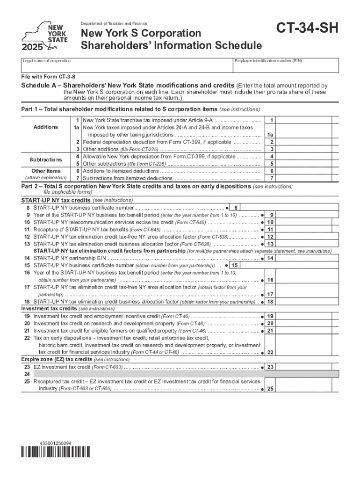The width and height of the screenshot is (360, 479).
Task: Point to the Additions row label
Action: tap(45, 127)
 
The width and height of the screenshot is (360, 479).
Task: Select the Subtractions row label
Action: tap(45, 160)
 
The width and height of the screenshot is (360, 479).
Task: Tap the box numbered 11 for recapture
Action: tap(270, 230)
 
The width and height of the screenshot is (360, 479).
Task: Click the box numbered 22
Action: tap(270, 353)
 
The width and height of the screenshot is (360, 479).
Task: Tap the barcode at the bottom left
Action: tap(56, 452)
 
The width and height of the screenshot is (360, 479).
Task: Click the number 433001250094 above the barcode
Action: tap(56, 443)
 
